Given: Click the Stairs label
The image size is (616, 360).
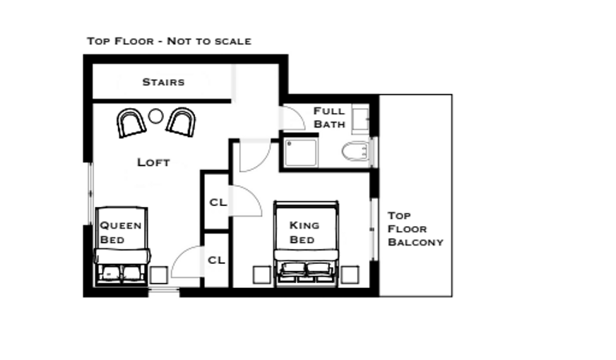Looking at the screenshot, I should [x=164, y=82].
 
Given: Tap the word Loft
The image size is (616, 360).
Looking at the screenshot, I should [x=153, y=162].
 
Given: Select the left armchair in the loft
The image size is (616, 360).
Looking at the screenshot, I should [x=130, y=122].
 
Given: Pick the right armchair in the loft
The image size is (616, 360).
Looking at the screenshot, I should [x=181, y=122].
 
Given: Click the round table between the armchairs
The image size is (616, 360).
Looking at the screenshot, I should [x=156, y=116].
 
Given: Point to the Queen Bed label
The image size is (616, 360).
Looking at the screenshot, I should [x=121, y=232].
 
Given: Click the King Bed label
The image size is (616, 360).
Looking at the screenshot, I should [x=304, y=232].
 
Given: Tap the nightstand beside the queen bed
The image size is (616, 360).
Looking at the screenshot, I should [x=159, y=275].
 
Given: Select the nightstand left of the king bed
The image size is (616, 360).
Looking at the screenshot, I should [x=261, y=274].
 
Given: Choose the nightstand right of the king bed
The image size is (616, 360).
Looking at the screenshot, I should [x=349, y=274].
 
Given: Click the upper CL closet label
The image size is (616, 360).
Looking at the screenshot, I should [x=217, y=202].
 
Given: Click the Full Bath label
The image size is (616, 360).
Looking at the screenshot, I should [x=330, y=117].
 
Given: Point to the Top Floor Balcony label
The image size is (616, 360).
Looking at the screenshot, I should [x=415, y=229].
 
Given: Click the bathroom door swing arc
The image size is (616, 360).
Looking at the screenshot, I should [x=294, y=118].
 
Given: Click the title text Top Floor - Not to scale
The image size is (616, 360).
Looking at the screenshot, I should [x=169, y=40].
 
